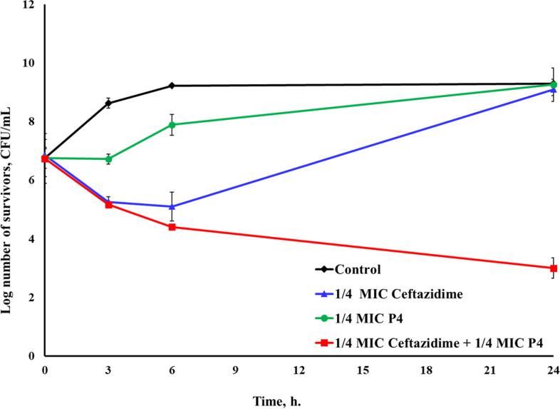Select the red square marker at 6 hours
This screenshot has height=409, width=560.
coord(172,227)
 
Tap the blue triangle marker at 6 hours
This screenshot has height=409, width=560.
coord(172,206)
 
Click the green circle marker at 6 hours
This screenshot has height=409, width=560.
coord(172,125)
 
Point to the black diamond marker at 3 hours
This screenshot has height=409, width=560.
coord(108,103)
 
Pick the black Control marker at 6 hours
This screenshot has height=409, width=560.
coord(172,86)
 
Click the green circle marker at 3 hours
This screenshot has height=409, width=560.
coord(108,159)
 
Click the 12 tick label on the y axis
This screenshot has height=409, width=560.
coord(28,5)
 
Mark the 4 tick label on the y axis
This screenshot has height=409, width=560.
coord(31,239)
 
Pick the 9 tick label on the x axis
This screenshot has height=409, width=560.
coord(236,370)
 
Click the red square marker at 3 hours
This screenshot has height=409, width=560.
coord(108,205)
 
